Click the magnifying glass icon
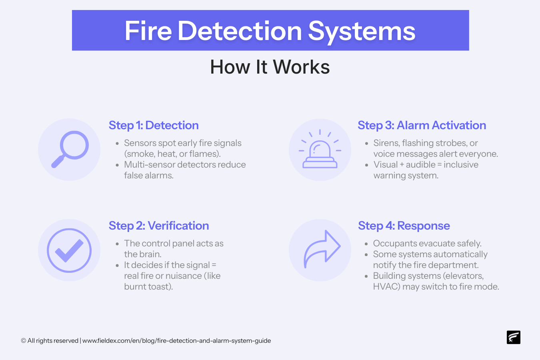(x=70, y=149)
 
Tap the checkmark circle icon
(x=69, y=250)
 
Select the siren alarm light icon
(x=320, y=150)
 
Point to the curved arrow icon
(x=322, y=249)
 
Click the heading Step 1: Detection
(x=154, y=125)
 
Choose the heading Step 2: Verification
(x=159, y=226)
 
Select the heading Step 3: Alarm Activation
(x=422, y=125)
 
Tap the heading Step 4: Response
(x=404, y=226)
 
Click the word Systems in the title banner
(x=362, y=31)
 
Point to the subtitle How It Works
(x=270, y=67)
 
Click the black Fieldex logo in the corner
(x=513, y=337)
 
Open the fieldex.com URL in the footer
(x=176, y=341)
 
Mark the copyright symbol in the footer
(x=24, y=341)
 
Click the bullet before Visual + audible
(x=366, y=165)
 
